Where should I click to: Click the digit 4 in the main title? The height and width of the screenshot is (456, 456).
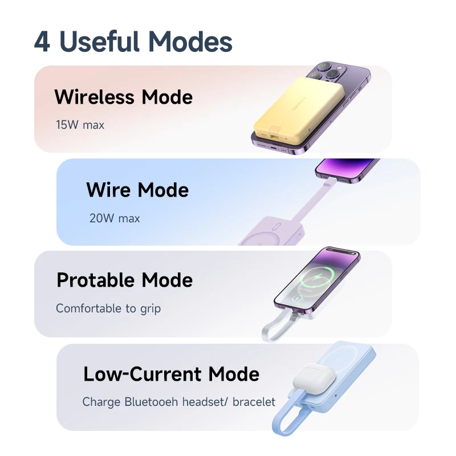42,42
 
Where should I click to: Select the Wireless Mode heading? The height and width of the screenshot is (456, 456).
123,97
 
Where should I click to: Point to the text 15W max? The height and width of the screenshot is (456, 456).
80,124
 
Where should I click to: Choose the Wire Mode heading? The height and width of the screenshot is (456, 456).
137,189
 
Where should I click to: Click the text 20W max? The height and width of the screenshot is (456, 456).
114,218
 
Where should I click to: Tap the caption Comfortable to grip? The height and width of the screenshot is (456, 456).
108,308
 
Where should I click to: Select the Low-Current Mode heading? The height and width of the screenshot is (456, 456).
171,374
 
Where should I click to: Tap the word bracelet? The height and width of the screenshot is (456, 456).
254,402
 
